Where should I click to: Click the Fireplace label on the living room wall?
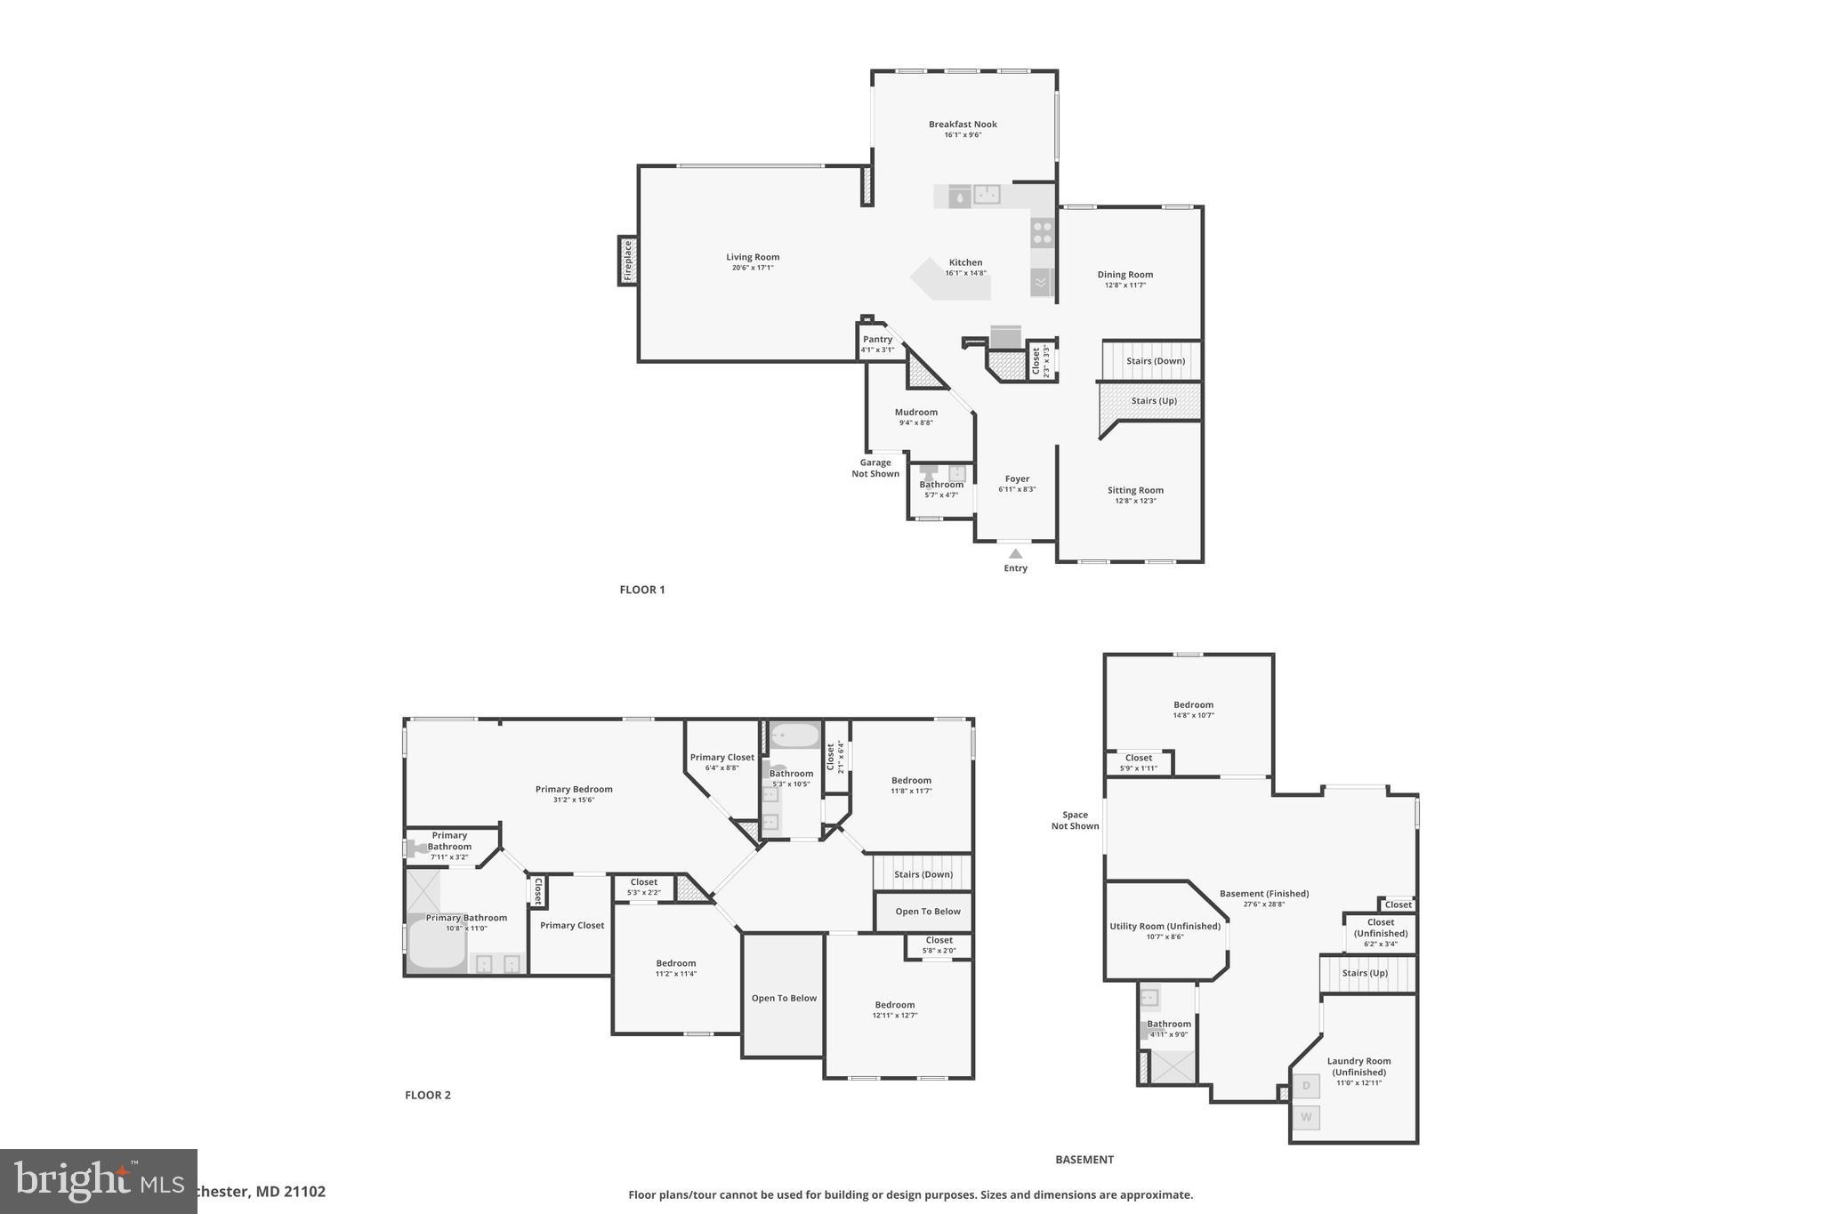pyautogui.click(x=628, y=261)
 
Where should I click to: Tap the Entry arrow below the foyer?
pyautogui.click(x=1015, y=554)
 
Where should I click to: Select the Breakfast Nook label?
pyautogui.click(x=963, y=125)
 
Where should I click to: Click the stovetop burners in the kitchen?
pyautogui.click(x=1042, y=233)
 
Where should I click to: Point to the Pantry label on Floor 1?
pyautogui.click(x=877, y=339)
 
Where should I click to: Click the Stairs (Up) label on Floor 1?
pyautogui.click(x=1154, y=401)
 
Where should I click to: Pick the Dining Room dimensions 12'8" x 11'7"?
pyautogui.click(x=1125, y=285)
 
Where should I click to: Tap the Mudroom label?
pyautogui.click(x=915, y=412)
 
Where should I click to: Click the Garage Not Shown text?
pyautogui.click(x=875, y=468)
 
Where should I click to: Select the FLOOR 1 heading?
pyautogui.click(x=642, y=590)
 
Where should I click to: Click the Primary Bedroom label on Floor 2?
pyautogui.click(x=574, y=789)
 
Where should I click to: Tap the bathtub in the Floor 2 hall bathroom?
pyautogui.click(x=794, y=736)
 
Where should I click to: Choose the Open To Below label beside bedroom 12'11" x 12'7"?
pyautogui.click(x=784, y=998)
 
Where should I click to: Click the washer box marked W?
pyautogui.click(x=1306, y=1117)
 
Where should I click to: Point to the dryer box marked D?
pyautogui.click(x=1306, y=1086)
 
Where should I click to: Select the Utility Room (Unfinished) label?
pyautogui.click(x=1165, y=926)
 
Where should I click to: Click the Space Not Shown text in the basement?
pyautogui.click(x=1075, y=820)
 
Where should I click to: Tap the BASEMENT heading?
pyautogui.click(x=1084, y=1160)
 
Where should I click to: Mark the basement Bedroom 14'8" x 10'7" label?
pyautogui.click(x=1193, y=704)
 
